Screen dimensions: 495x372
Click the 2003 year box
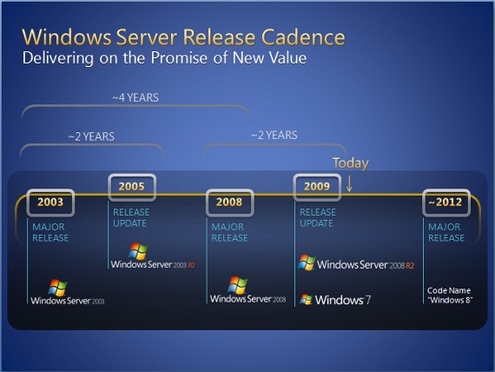(50, 203)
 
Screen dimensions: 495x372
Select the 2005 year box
(132, 187)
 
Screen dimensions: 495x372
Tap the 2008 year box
(229, 203)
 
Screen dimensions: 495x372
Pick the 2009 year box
(317, 187)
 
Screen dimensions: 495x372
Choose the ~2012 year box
(446, 203)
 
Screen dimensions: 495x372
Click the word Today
(351, 163)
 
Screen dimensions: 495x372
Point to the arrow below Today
(349, 183)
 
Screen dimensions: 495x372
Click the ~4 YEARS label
(135, 97)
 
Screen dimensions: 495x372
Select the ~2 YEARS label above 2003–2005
(91, 136)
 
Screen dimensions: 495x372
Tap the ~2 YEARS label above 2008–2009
(274, 136)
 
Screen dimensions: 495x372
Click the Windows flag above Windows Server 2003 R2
(138, 251)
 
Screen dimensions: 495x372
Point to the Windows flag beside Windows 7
(306, 299)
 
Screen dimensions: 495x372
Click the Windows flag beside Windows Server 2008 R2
(307, 262)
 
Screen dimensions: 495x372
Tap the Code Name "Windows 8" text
(449, 296)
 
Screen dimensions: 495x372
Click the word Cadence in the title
(303, 37)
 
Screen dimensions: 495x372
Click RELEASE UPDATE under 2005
(131, 218)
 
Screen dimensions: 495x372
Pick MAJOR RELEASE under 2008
(229, 232)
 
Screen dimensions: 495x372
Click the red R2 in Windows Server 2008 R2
(410, 265)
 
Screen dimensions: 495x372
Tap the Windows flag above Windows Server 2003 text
(58, 288)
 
